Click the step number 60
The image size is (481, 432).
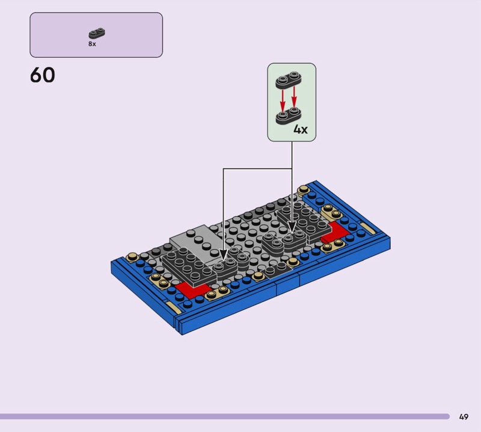43,75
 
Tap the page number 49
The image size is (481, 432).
464,416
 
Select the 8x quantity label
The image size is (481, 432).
92,44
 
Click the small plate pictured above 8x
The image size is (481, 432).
97,33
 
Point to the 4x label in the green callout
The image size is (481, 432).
300,129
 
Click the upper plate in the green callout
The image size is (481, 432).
289,80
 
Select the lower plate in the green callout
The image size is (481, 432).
289,116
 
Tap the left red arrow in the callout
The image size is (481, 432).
283,100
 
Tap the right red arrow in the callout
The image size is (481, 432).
294,97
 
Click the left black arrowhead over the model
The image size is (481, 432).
223,255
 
